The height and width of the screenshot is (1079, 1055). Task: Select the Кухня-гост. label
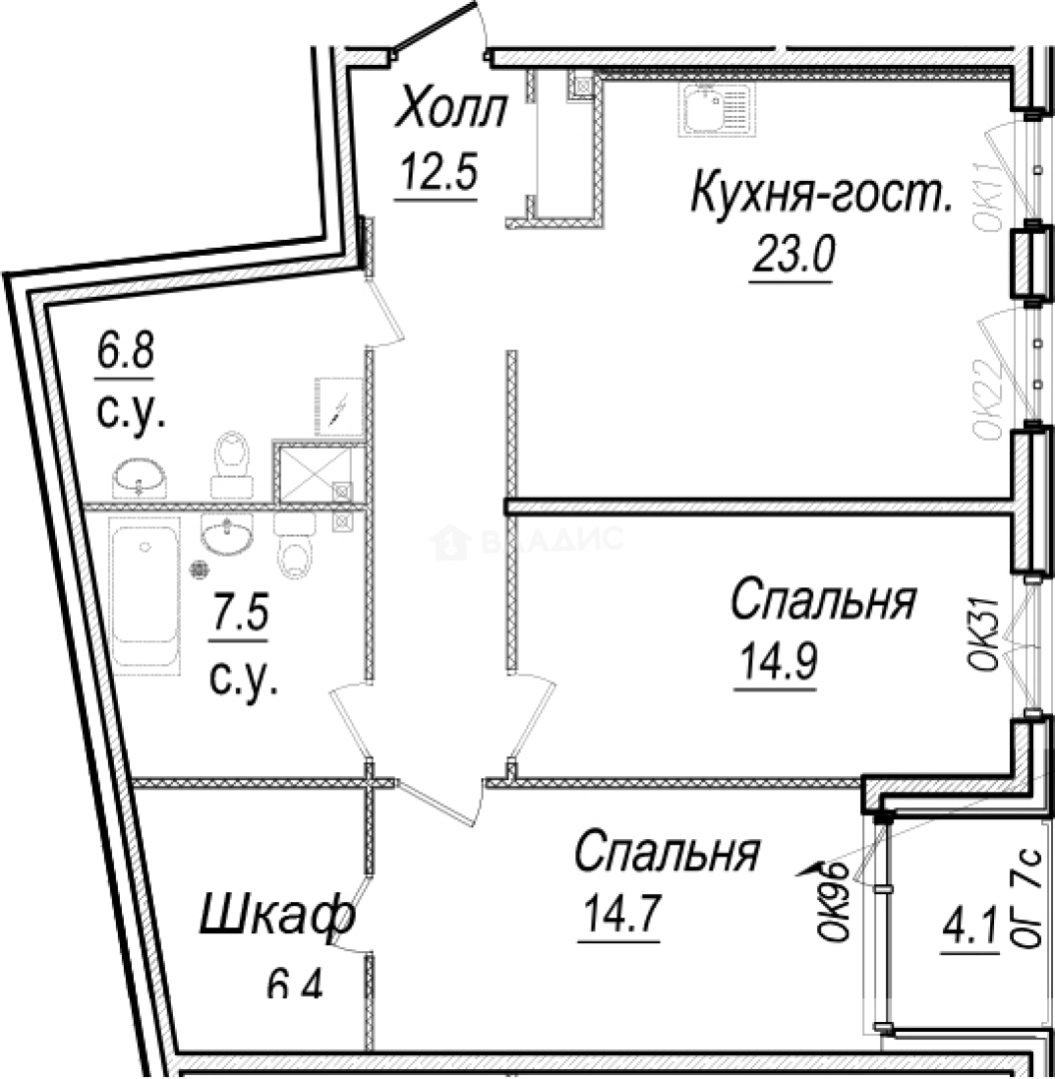click(x=820, y=193)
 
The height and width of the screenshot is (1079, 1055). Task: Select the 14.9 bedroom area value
click(x=778, y=661)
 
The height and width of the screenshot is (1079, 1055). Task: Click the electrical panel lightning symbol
click(x=339, y=407)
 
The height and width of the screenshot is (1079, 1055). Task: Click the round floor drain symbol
click(x=199, y=569)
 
